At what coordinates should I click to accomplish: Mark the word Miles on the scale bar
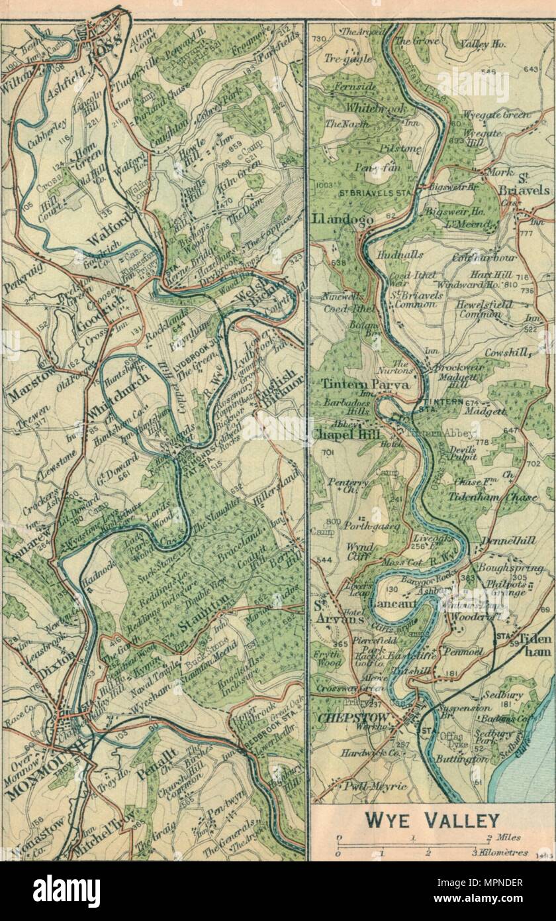pyautogui.click(x=510, y=838)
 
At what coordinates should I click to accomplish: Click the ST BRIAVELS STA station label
pyautogui.click(x=371, y=193)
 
